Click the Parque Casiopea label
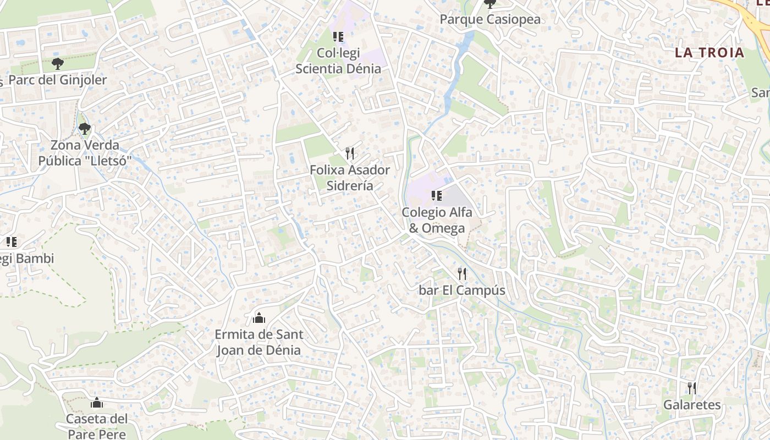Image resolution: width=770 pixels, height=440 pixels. (x=490, y=20)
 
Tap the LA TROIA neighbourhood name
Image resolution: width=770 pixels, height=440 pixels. (x=710, y=53)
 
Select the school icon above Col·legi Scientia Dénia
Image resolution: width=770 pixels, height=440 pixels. (x=338, y=37)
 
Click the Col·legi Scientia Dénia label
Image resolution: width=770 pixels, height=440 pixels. (x=338, y=61)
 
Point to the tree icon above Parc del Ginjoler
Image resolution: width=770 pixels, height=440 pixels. (x=57, y=64)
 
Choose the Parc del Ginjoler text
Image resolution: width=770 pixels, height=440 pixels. (x=58, y=80)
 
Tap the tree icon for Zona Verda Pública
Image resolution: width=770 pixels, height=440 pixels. (x=84, y=129)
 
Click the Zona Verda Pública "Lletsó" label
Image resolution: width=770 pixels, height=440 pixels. (x=85, y=153)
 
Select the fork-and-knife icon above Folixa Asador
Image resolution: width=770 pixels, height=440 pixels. (x=350, y=153)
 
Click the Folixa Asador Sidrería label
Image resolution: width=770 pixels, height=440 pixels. (x=350, y=178)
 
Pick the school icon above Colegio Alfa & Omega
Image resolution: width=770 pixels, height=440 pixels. (x=437, y=195)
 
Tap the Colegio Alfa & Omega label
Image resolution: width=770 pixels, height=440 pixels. (x=437, y=220)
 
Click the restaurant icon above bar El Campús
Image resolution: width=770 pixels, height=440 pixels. (x=462, y=273)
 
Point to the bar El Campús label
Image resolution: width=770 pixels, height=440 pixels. (x=462, y=290)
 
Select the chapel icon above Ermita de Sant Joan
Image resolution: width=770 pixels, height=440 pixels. (x=258, y=318)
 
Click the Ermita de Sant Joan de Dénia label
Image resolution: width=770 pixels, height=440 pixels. (x=258, y=342)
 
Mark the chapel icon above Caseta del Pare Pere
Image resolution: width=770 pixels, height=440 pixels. (x=97, y=403)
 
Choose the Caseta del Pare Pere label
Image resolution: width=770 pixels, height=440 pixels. (x=97, y=426)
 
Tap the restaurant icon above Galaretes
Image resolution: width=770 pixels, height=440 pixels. (x=692, y=388)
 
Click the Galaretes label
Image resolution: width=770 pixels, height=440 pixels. (x=692, y=405)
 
